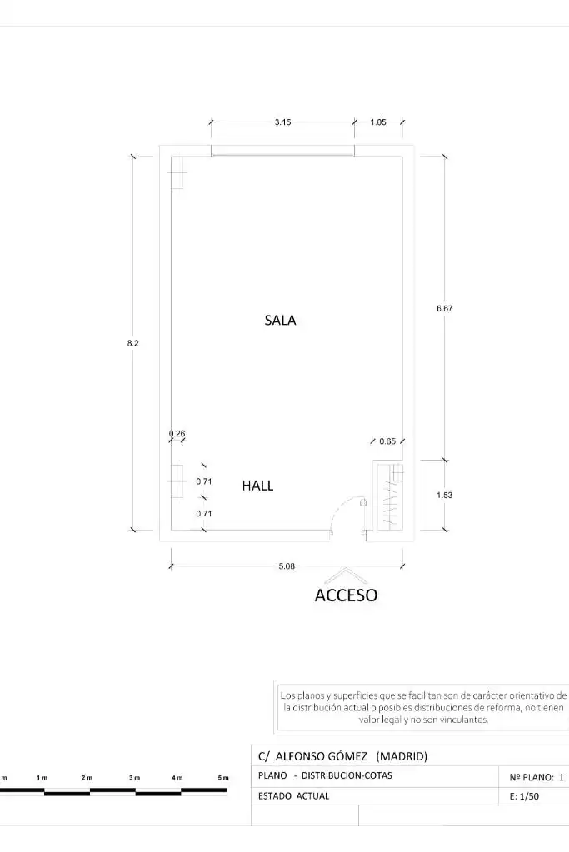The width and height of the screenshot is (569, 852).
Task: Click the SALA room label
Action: point(281,320)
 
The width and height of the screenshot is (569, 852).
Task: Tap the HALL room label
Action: point(257,486)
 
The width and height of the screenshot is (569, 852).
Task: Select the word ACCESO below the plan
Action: point(347,595)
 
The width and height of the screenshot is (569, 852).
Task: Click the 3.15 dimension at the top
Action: point(282,122)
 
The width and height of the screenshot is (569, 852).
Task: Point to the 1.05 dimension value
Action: point(378,122)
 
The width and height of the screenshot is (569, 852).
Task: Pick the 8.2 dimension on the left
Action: point(133,343)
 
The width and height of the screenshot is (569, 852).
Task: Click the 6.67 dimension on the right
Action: point(445,308)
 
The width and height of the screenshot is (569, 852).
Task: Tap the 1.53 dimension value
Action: point(445,495)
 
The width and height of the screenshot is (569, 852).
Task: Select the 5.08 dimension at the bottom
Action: point(287,566)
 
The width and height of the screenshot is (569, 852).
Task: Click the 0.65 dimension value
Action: point(387,441)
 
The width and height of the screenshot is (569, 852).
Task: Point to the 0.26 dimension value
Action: point(177,434)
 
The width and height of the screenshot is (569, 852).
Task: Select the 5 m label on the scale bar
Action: point(222,778)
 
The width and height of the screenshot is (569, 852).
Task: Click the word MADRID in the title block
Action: point(402,756)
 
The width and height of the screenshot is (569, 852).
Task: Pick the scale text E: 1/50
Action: point(525,796)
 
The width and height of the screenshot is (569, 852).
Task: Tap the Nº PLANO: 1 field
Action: point(537,777)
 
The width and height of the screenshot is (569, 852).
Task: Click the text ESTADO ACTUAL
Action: point(293,796)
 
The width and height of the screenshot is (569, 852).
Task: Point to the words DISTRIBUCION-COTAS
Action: point(347,775)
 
